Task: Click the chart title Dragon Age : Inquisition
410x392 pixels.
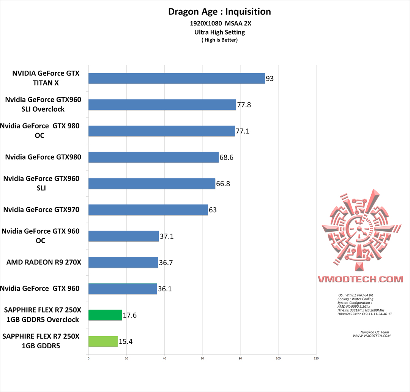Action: click(219, 12)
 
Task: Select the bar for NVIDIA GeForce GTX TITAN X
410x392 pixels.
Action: click(177, 78)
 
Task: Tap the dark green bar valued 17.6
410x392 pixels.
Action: click(105, 315)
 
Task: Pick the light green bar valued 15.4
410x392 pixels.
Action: click(103, 341)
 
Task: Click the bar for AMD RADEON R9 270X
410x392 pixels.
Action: click(123, 262)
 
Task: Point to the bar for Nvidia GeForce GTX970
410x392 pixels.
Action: click(148, 210)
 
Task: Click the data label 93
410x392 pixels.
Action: click(270, 79)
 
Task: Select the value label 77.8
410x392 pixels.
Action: click(243, 105)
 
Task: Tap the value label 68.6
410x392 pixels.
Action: click(226, 157)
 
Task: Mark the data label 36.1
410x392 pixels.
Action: click(164, 289)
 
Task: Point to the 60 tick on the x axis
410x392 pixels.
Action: click(202, 358)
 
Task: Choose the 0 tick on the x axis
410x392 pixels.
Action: click(88, 358)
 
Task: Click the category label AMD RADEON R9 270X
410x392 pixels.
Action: click(44, 262)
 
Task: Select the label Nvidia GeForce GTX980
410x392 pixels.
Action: click(43, 156)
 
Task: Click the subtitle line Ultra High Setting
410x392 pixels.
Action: click(219, 32)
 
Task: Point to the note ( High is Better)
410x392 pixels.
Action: click(219, 40)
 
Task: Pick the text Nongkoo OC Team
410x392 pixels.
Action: click(371, 332)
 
